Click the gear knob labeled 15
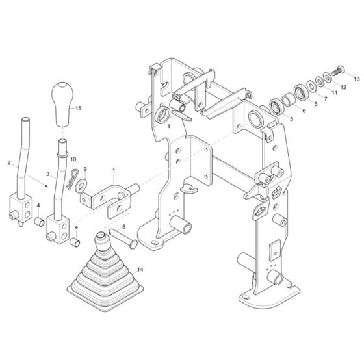point(63,103)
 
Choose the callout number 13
point(356,77)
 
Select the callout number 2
point(8,162)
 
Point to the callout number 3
point(47,174)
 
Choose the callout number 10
point(73,159)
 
